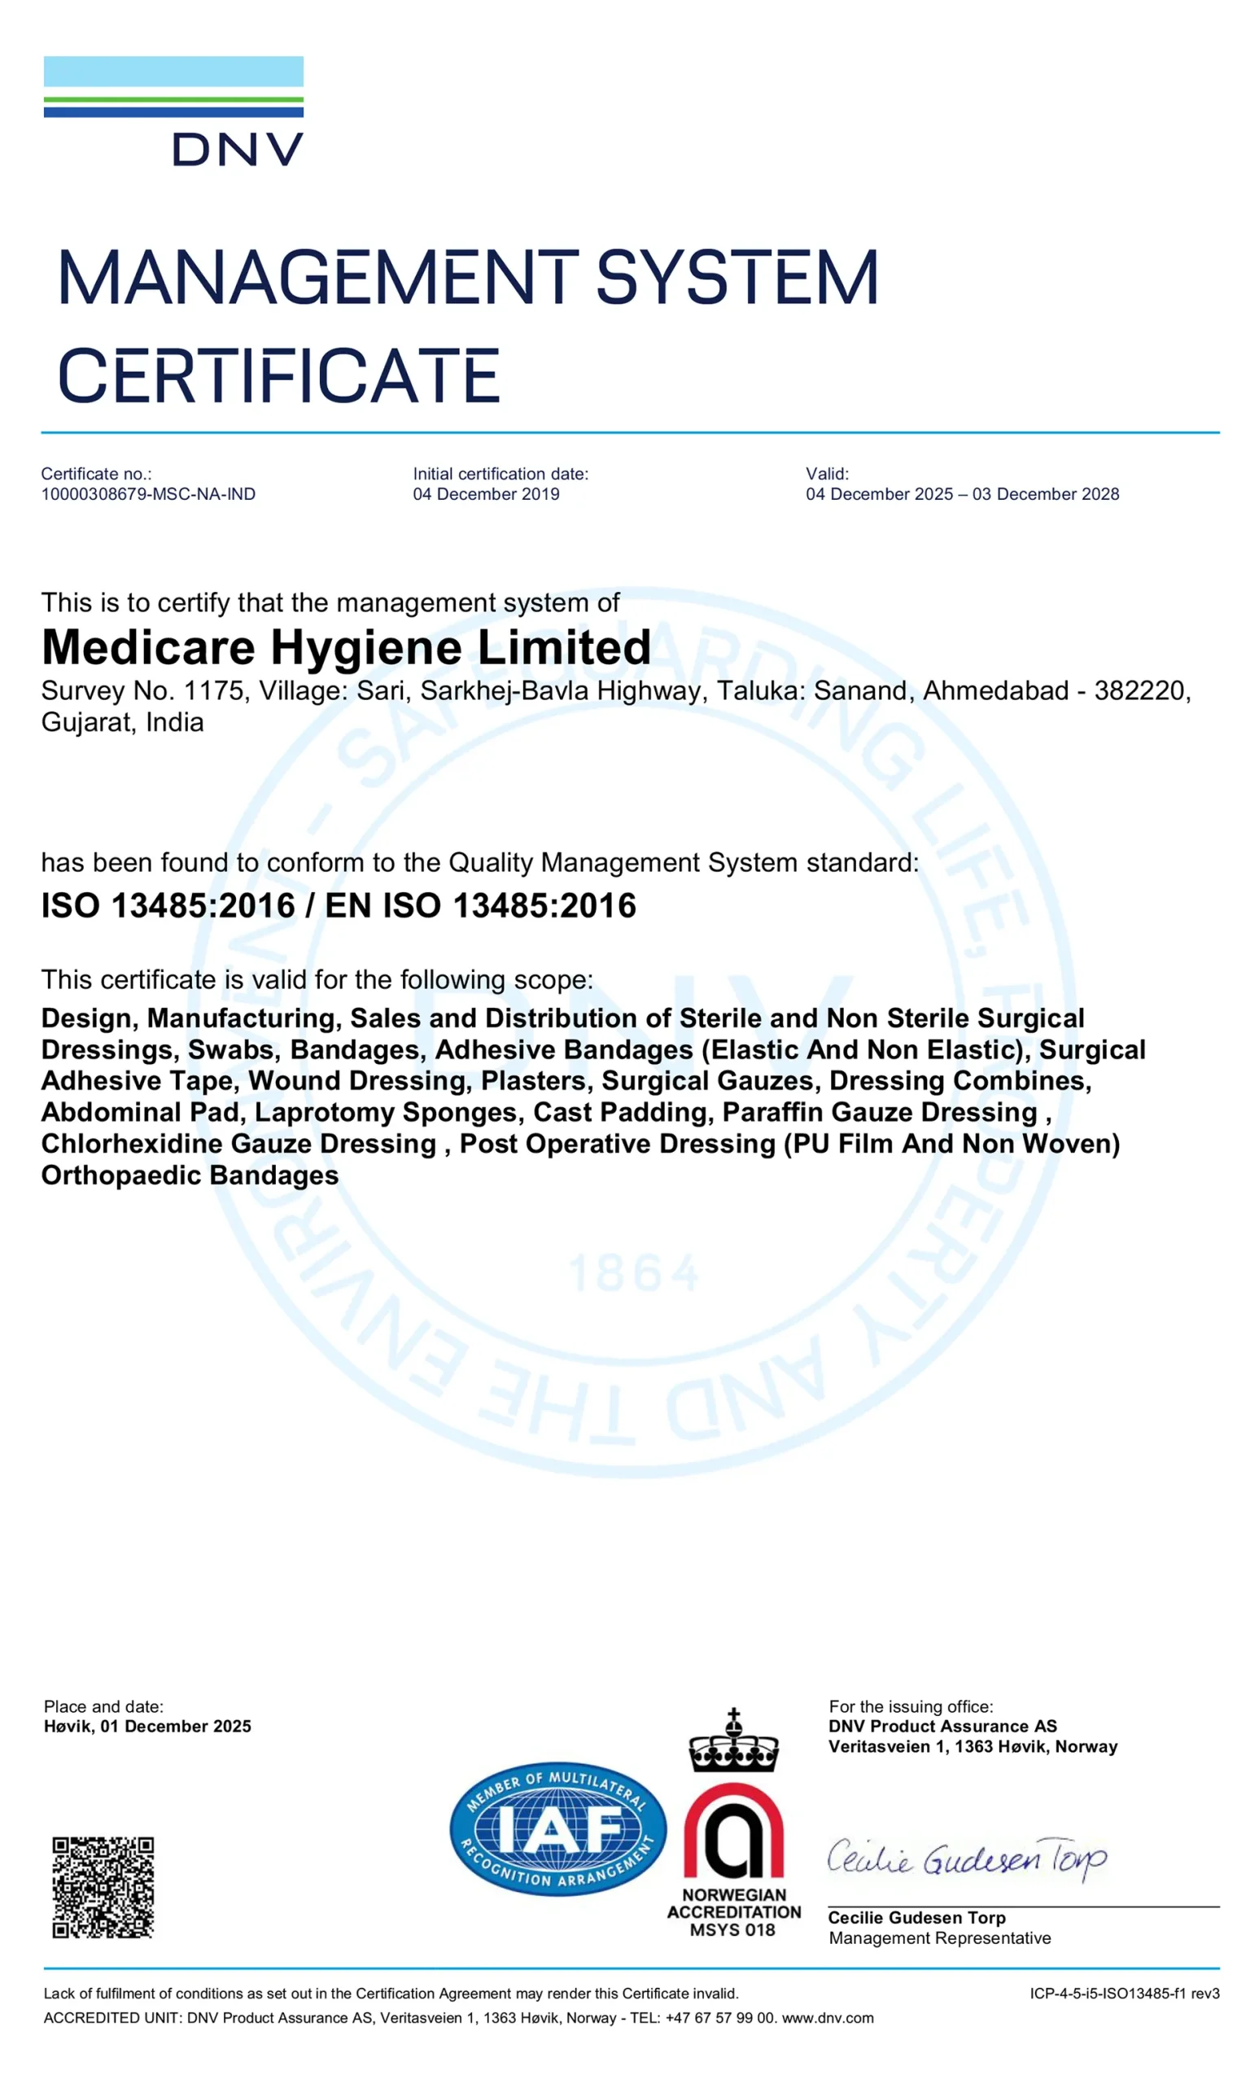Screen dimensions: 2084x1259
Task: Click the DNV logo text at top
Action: click(x=238, y=150)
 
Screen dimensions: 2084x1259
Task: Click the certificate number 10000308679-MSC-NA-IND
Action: click(x=148, y=494)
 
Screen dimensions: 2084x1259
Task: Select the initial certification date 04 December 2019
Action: click(x=485, y=494)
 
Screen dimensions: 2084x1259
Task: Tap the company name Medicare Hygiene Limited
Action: click(x=346, y=648)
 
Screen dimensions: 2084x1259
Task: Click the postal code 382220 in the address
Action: click(x=1141, y=691)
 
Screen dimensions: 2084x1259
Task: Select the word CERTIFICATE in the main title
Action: click(x=278, y=375)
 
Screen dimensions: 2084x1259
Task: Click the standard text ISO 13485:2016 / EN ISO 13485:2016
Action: click(x=339, y=906)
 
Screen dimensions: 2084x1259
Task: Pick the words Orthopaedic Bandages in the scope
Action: click(x=190, y=1175)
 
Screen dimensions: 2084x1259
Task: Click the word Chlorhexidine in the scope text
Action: click(x=132, y=1144)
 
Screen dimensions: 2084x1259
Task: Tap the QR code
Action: click(x=103, y=1887)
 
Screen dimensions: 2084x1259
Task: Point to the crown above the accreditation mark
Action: click(x=733, y=1743)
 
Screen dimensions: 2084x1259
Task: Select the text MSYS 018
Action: click(x=732, y=1930)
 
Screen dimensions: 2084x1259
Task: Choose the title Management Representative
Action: click(x=939, y=1937)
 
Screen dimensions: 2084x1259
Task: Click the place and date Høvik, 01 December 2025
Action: click(x=147, y=1727)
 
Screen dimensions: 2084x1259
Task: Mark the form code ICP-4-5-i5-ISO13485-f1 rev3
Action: click(x=1124, y=1994)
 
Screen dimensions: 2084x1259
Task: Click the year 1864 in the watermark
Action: click(x=634, y=1274)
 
